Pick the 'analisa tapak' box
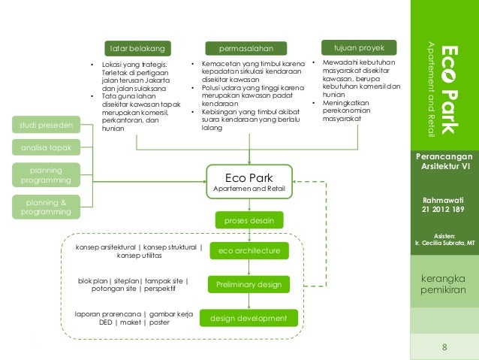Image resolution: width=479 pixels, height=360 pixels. pyautogui.click(x=44, y=148)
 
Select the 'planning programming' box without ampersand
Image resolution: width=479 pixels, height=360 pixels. pyautogui.click(x=45, y=175)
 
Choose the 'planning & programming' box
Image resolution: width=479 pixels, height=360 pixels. pyautogui.click(x=45, y=207)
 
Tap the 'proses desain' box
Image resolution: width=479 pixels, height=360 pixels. pyautogui.click(x=249, y=220)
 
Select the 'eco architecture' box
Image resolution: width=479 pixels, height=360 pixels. pyautogui.click(x=249, y=250)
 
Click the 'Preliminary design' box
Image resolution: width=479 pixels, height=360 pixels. pyautogui.click(x=249, y=285)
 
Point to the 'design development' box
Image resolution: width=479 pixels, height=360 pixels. pyautogui.click(x=249, y=319)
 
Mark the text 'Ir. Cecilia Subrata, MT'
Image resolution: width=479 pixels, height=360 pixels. pyautogui.click(x=444, y=244)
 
